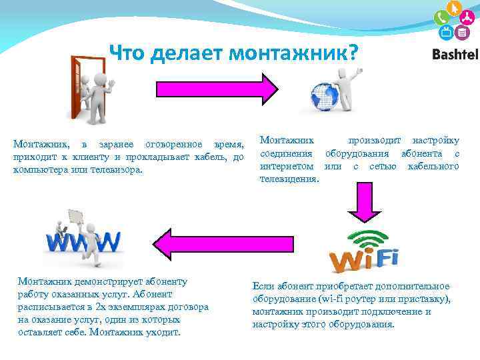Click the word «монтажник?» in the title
(296, 53)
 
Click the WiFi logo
(365, 254)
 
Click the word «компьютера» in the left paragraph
(39, 170)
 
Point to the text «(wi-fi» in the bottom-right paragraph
(337, 299)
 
